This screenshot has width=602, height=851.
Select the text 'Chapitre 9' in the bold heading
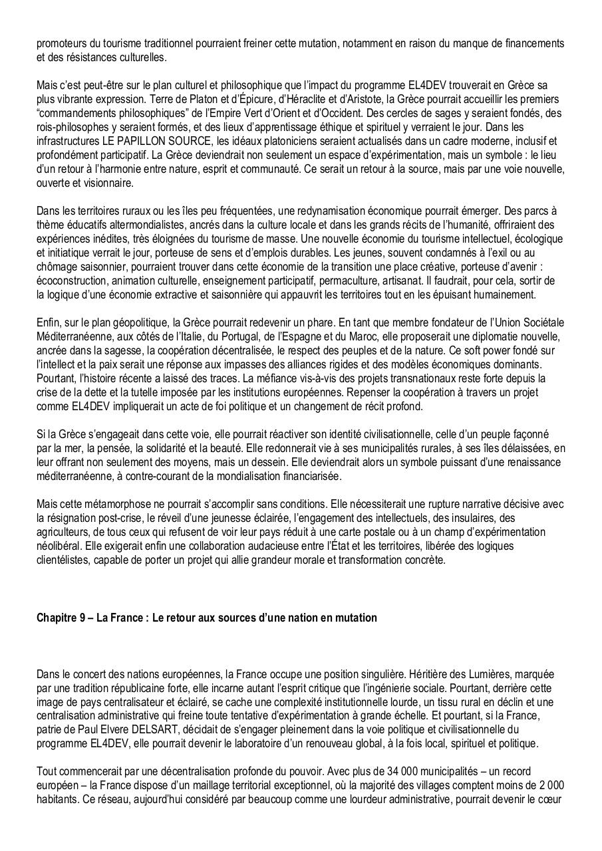pos(61,618)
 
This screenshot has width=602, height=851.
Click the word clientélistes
pos(65,560)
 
